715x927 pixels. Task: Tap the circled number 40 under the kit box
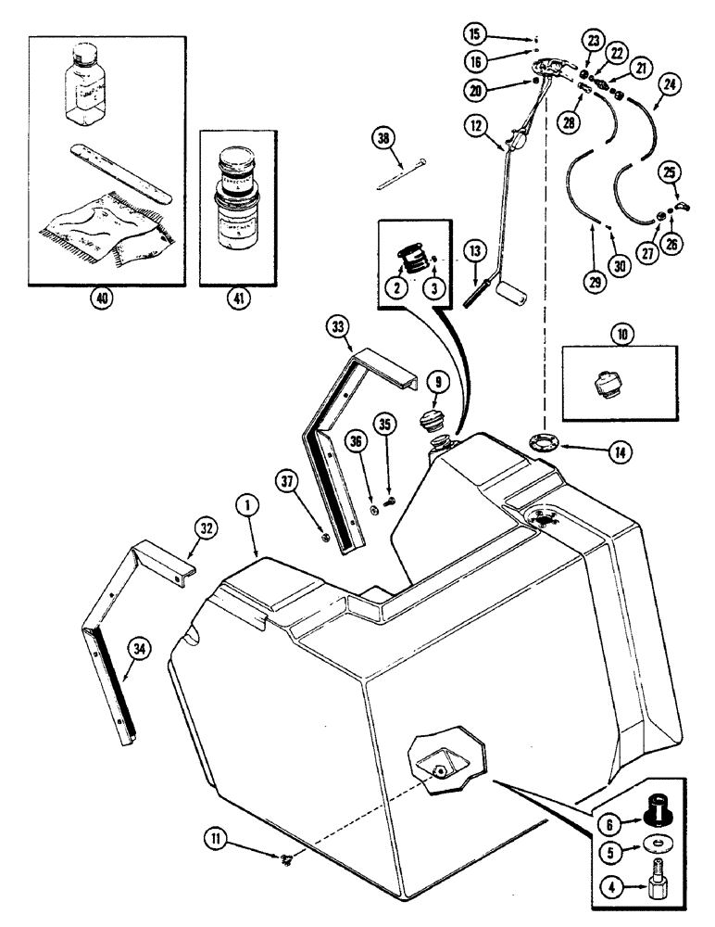point(100,299)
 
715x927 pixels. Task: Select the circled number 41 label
point(239,299)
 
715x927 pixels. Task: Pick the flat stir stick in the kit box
point(121,172)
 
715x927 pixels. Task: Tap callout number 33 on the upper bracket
point(338,326)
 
